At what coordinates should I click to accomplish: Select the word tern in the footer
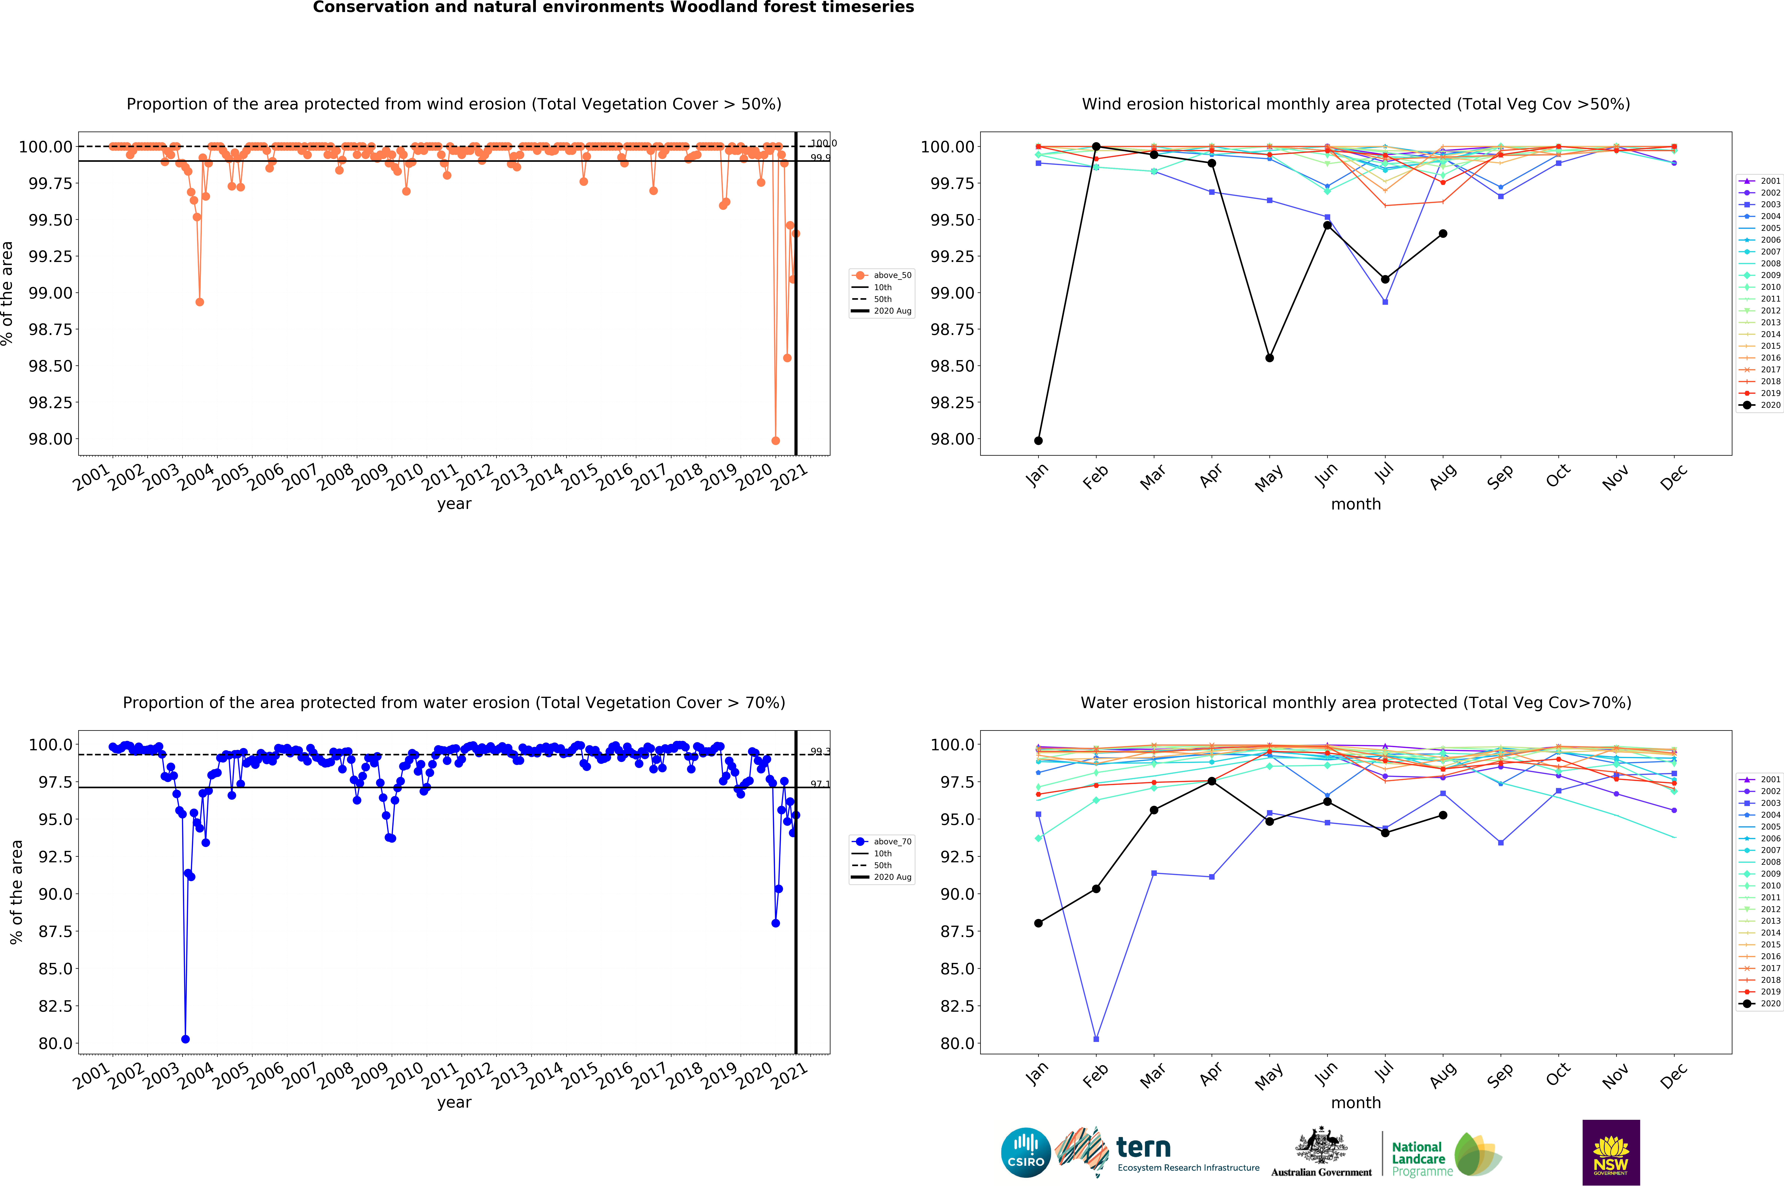click(x=1143, y=1147)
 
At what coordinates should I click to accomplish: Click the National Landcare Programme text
click(x=1421, y=1158)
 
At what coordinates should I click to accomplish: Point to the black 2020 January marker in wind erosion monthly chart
click(x=1038, y=440)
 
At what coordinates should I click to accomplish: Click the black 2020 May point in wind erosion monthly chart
click(x=1269, y=358)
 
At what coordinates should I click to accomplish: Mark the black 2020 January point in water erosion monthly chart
click(x=1038, y=923)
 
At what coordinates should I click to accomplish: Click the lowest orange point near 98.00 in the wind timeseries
click(x=775, y=440)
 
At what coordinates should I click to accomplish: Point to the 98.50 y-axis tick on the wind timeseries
click(x=50, y=366)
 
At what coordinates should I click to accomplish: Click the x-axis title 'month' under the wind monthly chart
click(x=1356, y=504)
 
